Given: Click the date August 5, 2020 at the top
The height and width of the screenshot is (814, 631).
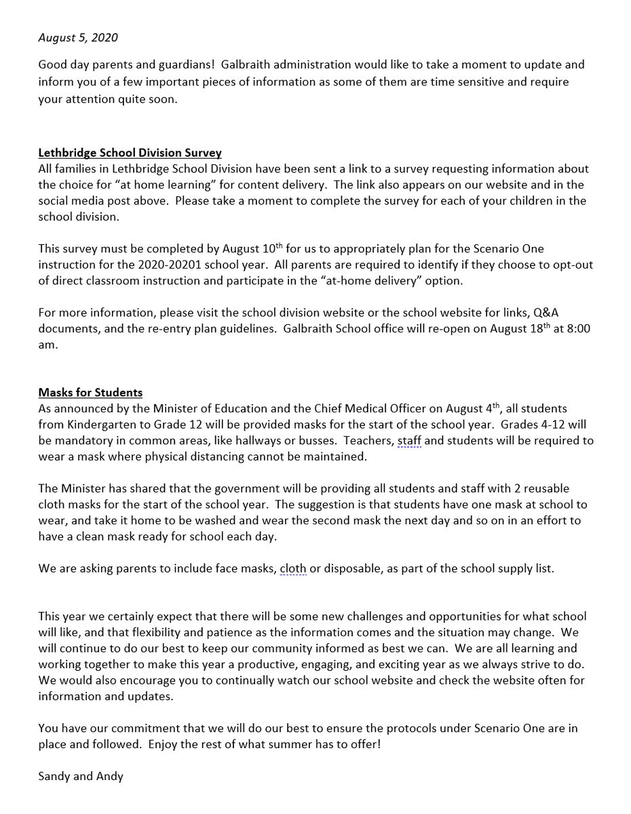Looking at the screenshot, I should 78,38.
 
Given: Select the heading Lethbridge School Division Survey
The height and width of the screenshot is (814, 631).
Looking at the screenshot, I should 130,153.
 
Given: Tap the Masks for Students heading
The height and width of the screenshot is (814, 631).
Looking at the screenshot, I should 90,393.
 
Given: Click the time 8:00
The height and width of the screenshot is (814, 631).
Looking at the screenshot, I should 578,328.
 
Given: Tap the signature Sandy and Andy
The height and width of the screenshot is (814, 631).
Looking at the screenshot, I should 81,776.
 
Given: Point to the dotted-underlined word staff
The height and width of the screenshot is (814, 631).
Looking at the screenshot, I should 409,441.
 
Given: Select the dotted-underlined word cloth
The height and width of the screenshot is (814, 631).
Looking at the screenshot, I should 293,568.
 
